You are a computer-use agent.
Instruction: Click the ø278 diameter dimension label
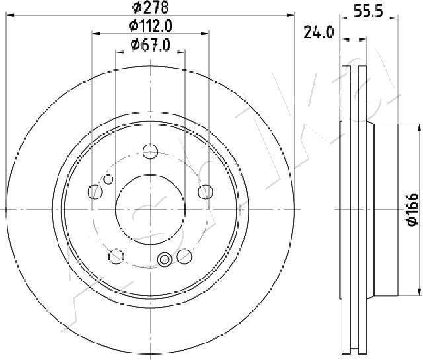coord(150,8)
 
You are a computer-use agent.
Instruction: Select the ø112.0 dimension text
coord(150,26)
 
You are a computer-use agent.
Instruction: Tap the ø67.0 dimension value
coord(150,44)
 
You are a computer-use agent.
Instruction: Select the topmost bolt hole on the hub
coord(151,150)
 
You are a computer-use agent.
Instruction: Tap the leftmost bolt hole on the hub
coord(96,192)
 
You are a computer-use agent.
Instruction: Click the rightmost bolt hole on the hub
coord(205,192)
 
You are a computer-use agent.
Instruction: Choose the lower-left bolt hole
coord(116,256)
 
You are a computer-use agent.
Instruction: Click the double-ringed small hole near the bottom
coord(164,260)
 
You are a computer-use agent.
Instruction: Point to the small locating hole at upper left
coord(109,179)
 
